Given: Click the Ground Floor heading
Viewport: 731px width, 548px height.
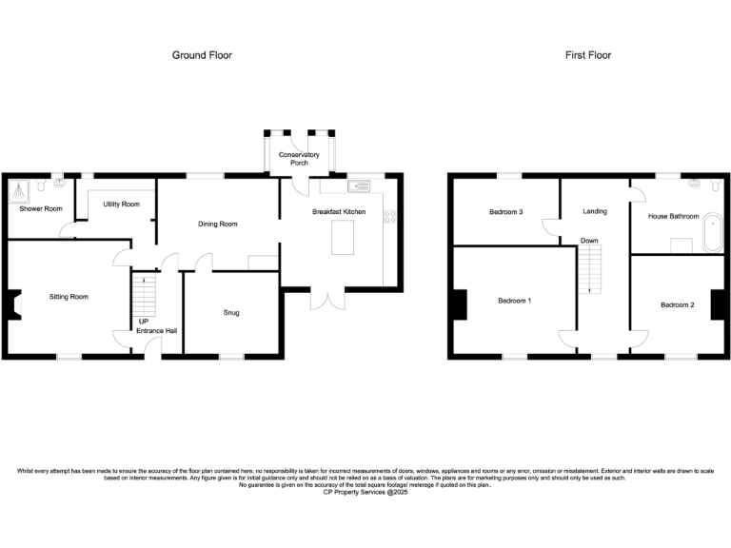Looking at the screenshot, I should point(202,55).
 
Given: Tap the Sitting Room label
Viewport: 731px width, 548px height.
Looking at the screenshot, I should point(69,297).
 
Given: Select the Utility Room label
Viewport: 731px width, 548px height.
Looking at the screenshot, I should point(121,205).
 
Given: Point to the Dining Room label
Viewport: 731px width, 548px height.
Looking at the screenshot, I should point(217,225).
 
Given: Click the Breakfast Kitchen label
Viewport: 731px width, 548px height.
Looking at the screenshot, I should point(339,211).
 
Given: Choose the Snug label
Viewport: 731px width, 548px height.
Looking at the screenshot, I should point(231,312).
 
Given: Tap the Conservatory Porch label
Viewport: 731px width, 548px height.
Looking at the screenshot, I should point(299,159).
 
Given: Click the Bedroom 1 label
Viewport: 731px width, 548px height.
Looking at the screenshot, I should point(514,301).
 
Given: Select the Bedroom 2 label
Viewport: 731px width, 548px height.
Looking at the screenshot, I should point(678,304).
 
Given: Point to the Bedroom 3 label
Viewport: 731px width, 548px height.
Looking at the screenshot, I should point(506,212).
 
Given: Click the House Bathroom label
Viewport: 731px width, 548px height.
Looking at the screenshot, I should point(673,216).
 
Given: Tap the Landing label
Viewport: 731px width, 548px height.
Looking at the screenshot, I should point(595,211).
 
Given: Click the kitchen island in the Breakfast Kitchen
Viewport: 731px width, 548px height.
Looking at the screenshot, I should point(343,238).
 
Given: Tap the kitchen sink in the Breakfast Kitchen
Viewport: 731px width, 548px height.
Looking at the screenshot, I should point(360,186).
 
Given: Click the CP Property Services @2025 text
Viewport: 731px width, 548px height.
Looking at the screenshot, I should point(365,492).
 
